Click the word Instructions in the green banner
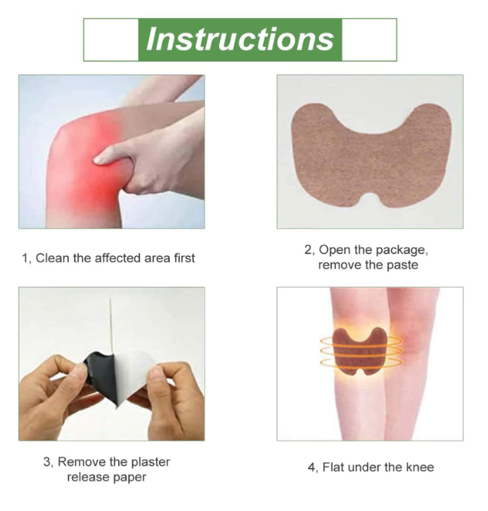(x=240, y=39)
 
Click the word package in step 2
(x=402, y=251)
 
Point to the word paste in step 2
(x=402, y=265)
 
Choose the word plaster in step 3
(x=150, y=462)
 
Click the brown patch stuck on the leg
(x=359, y=351)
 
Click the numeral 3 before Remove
(x=47, y=462)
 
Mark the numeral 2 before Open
(x=308, y=250)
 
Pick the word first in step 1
(x=184, y=258)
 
